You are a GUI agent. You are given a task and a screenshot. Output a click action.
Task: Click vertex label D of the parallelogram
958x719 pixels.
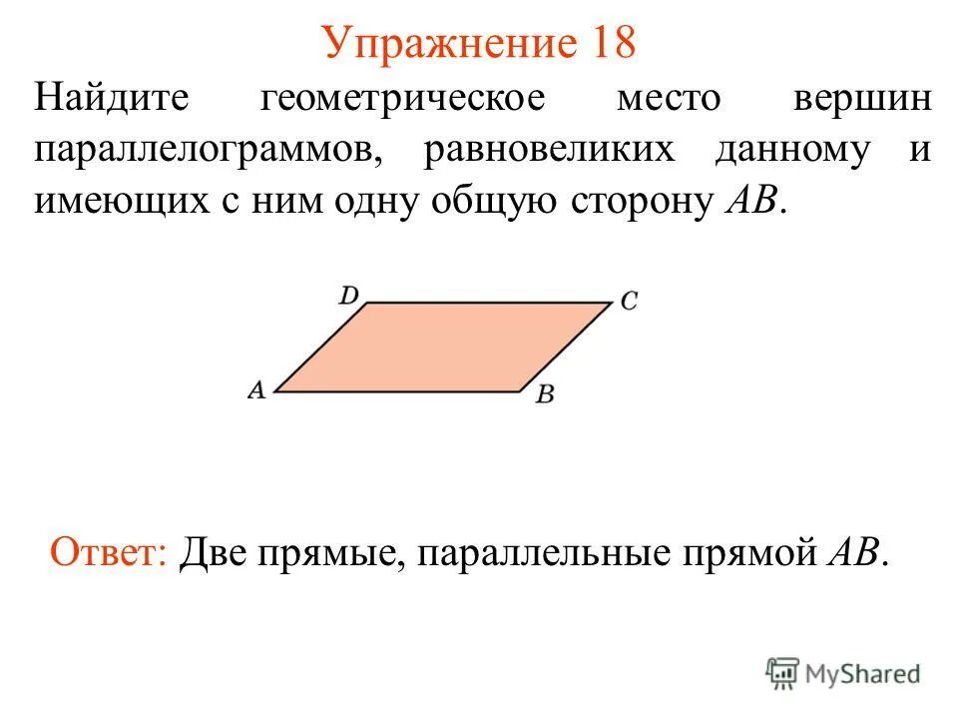(348, 295)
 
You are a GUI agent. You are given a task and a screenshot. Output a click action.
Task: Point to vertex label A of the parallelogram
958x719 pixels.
(256, 390)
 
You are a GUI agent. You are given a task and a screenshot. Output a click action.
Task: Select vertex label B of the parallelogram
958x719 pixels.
(544, 394)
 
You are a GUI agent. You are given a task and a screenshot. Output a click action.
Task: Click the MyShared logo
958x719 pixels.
(844, 674)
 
